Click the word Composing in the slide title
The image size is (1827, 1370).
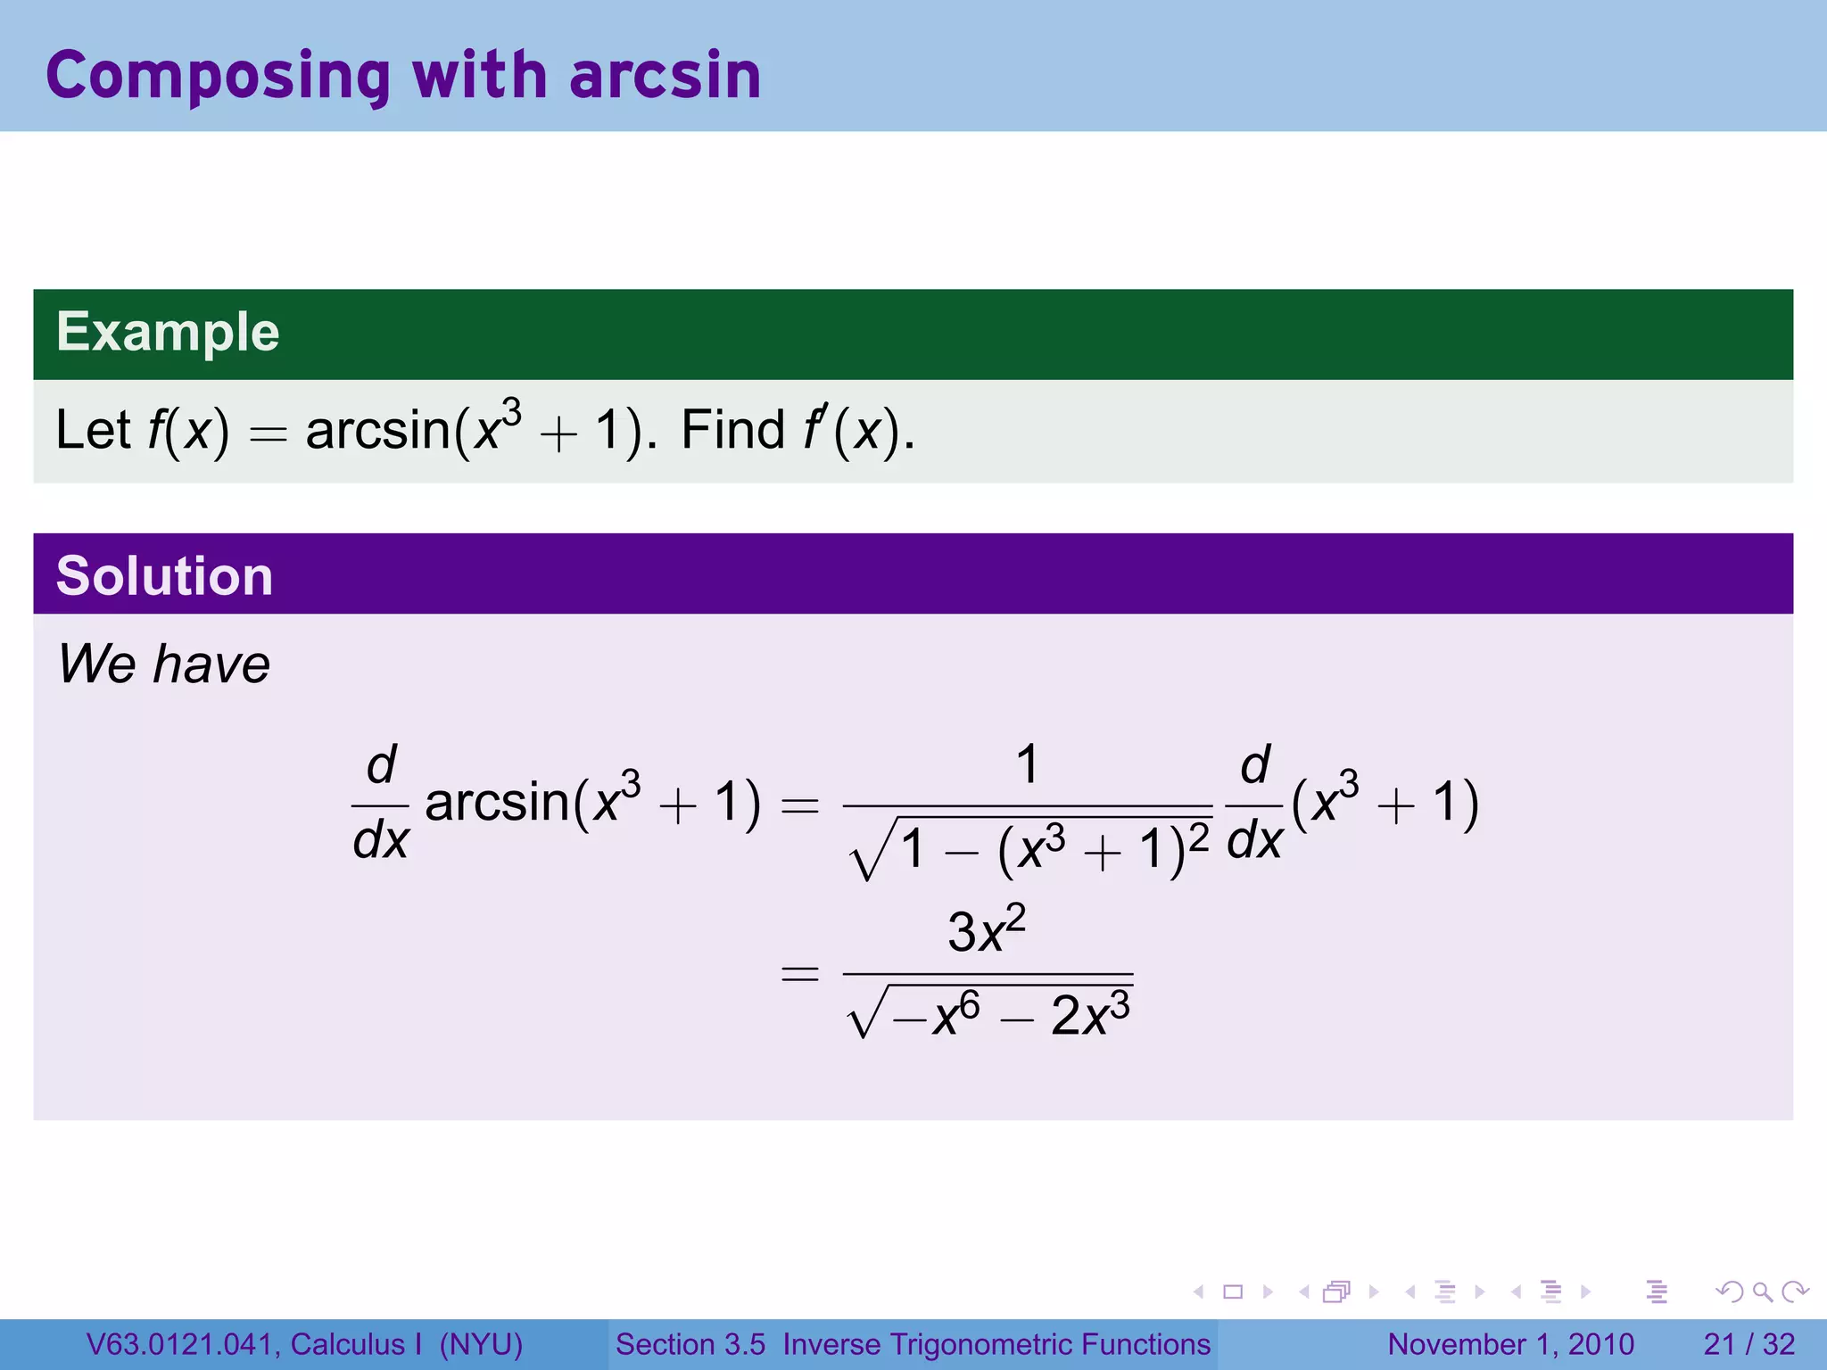pyautogui.click(x=218, y=77)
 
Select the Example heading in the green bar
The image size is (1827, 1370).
pyautogui.click(x=168, y=332)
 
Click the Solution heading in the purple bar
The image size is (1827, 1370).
pyautogui.click(x=164, y=575)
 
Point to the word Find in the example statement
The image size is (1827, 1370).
pyautogui.click(x=732, y=430)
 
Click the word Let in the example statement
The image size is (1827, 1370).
pyautogui.click(x=93, y=430)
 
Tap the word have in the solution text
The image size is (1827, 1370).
pyautogui.click(x=211, y=664)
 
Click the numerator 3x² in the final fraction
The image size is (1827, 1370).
pyautogui.click(x=986, y=931)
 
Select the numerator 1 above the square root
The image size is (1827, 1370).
pyautogui.click(x=1027, y=765)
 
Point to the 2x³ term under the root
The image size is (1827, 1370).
pyautogui.click(x=1090, y=1014)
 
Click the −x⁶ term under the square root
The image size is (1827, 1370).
pyautogui.click(x=937, y=1014)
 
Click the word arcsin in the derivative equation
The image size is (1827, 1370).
pyautogui.click(x=497, y=801)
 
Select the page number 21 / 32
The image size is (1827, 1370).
pyautogui.click(x=1748, y=1344)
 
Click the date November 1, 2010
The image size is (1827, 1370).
pyautogui.click(x=1510, y=1344)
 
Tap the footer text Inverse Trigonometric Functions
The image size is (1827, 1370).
pyautogui.click(x=996, y=1344)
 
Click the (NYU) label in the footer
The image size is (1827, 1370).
pyautogui.click(x=481, y=1344)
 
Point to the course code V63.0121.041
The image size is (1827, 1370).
pyautogui.click(x=183, y=1344)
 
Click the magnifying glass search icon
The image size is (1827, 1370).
pyautogui.click(x=1762, y=1292)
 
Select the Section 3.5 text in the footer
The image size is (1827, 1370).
pyautogui.click(x=690, y=1344)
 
